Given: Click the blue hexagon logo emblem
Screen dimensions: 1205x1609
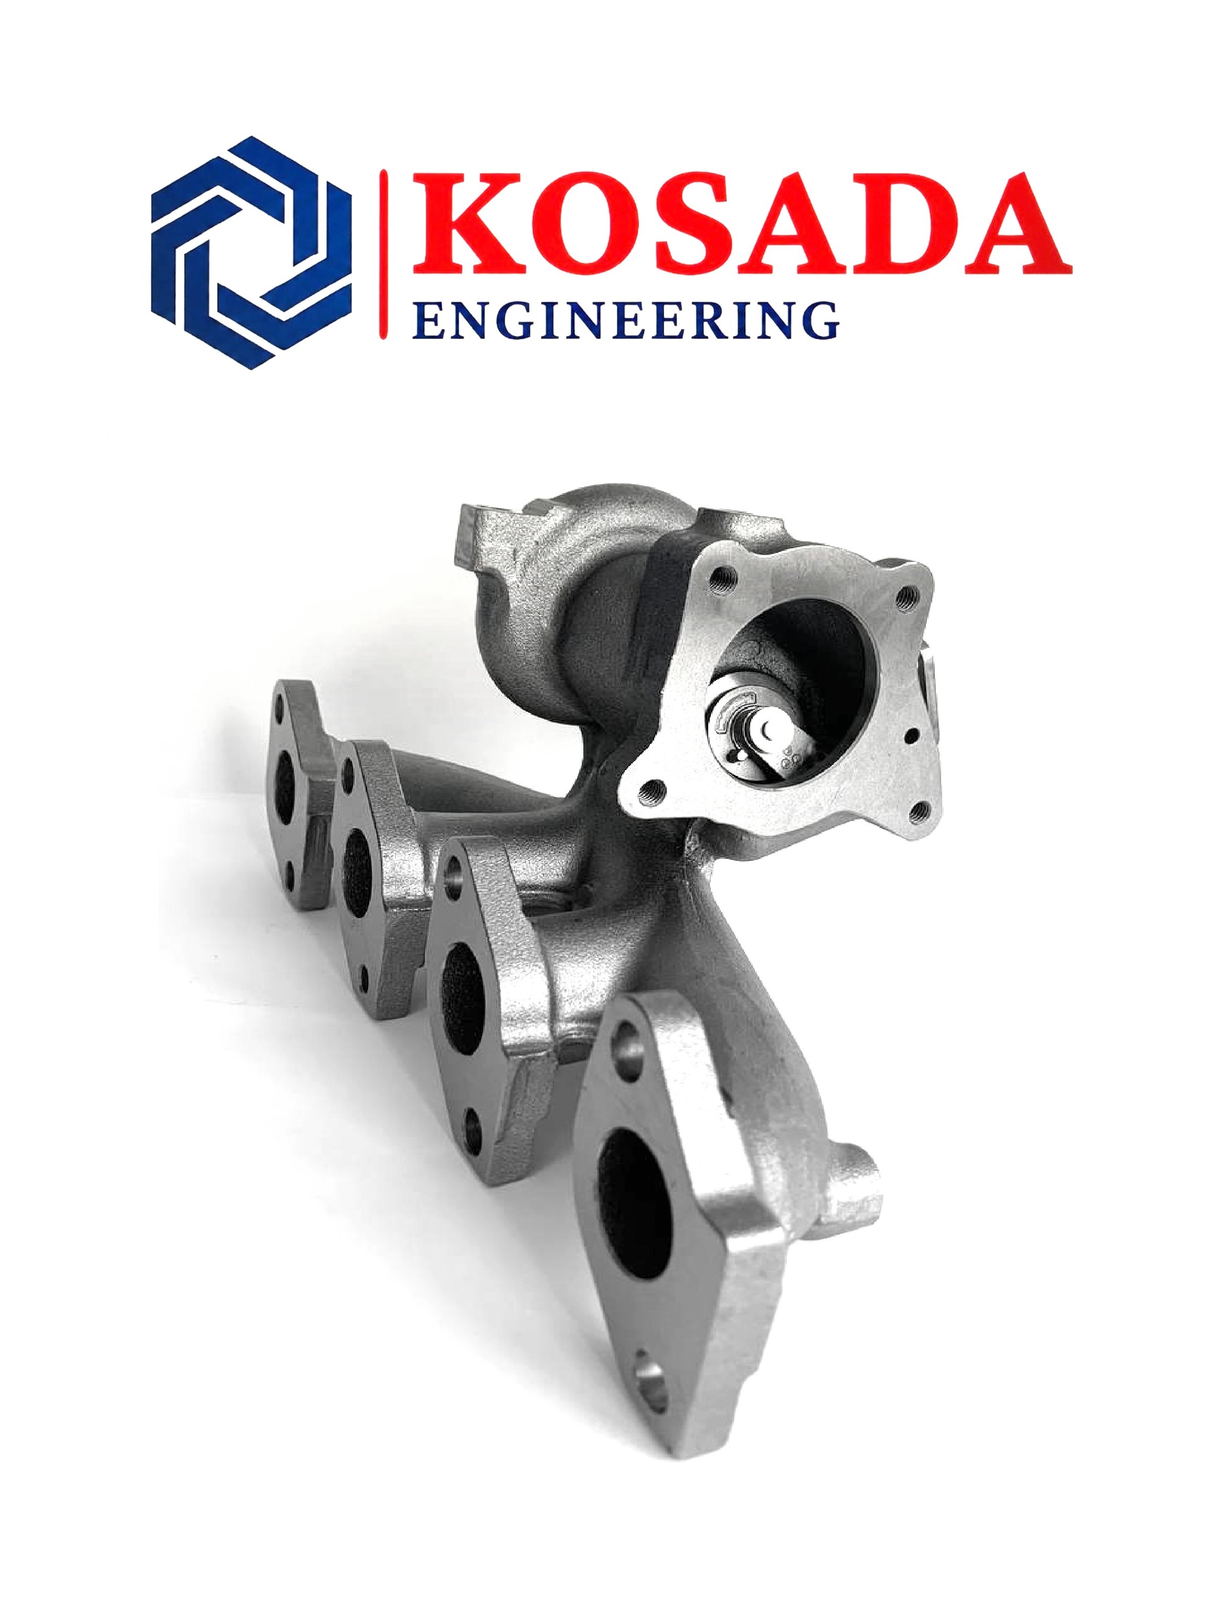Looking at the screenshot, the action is pos(251,252).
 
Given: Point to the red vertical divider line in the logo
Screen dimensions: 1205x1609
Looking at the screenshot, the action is pos(385,254).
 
